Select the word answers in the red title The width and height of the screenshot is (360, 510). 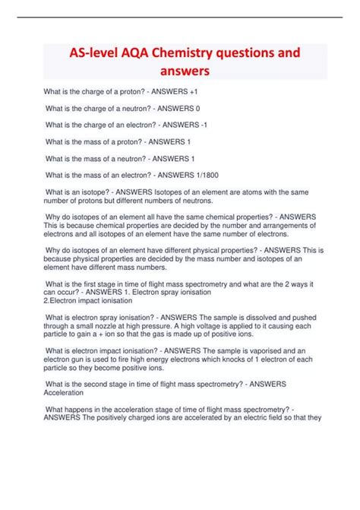tap(180, 73)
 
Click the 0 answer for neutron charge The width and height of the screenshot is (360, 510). tap(198, 109)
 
